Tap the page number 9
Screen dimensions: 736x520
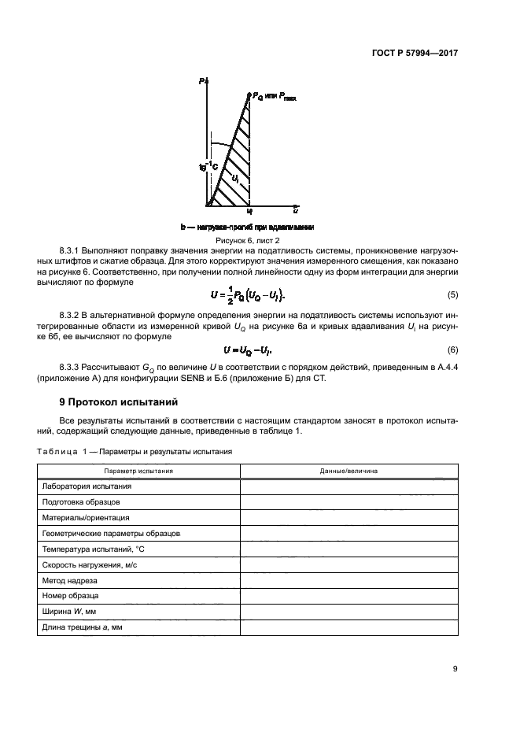pos(455,669)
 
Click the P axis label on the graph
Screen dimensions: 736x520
pos(202,81)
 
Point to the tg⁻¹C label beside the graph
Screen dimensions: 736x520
pos(208,165)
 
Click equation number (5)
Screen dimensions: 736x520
pos(452,294)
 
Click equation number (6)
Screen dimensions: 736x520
pos(452,349)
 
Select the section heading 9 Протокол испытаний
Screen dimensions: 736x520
pos(114,403)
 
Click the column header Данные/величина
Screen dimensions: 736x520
pos(349,471)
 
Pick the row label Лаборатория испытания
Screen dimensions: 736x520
pos(87,486)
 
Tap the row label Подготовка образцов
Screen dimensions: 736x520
pos(81,502)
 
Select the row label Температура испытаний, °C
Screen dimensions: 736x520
pos(93,549)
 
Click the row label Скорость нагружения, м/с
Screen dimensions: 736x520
pos(93,564)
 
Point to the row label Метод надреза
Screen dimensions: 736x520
pos(70,580)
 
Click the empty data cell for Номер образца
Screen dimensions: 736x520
pos(349,596)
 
